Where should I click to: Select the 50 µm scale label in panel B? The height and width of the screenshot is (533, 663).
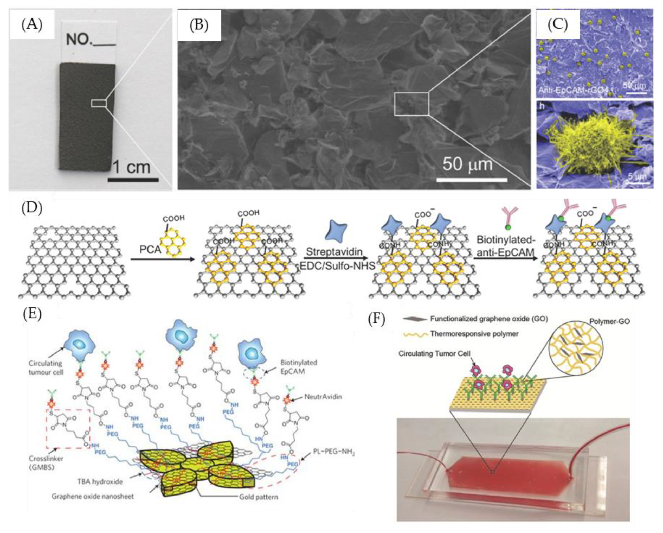(467, 165)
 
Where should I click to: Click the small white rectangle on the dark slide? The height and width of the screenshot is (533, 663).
(99, 103)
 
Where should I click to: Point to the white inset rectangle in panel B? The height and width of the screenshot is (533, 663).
(411, 104)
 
